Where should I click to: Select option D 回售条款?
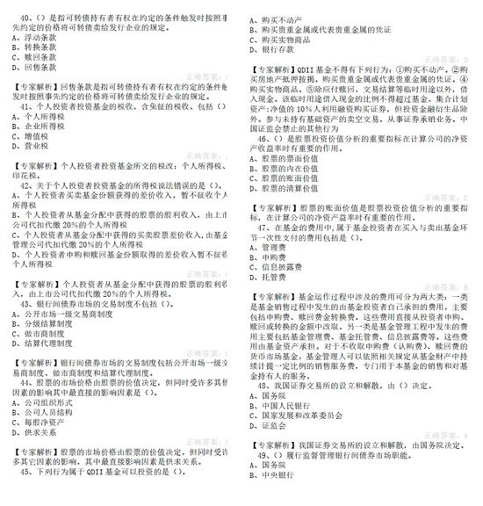pos(35,67)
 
